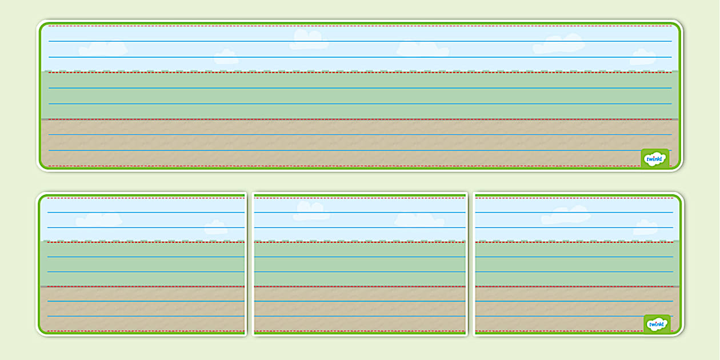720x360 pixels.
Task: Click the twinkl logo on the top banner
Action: click(655, 158)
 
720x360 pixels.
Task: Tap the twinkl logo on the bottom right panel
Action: click(657, 324)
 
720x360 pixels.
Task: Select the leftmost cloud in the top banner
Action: click(103, 49)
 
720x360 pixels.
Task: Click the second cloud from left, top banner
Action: click(226, 57)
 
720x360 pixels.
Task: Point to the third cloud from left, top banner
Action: click(309, 39)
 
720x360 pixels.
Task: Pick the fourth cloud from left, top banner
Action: click(422, 49)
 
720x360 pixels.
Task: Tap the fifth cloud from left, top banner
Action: click(558, 45)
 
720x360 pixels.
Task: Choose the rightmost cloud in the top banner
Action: click(643, 57)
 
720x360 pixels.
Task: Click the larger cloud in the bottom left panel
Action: click(99, 219)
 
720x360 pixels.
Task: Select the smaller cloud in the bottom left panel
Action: click(216, 227)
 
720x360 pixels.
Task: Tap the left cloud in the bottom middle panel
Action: click(311, 211)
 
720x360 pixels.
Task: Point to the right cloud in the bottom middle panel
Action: click(419, 220)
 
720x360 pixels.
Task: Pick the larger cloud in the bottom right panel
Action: click(566, 215)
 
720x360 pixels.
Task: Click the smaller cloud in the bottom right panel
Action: click(645, 227)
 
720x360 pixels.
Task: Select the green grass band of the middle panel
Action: click(360, 264)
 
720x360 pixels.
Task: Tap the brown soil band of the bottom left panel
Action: click(143, 309)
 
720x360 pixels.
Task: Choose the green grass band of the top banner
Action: click(360, 95)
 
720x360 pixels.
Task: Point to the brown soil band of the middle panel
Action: click(360, 309)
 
